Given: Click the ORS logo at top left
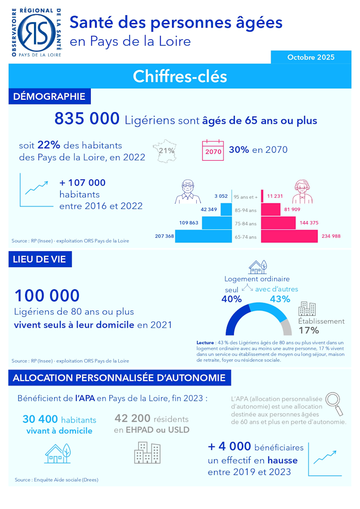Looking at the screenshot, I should (x=36, y=33).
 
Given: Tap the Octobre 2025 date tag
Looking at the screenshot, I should (x=311, y=57).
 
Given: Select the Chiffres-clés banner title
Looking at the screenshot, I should (x=180, y=77).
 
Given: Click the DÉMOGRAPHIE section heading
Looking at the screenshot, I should (x=49, y=97).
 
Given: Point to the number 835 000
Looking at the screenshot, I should (x=87, y=120).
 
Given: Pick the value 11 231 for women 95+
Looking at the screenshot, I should (x=274, y=196).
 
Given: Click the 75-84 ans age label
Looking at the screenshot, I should (x=245, y=223).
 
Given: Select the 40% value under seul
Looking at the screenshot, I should (x=231, y=299).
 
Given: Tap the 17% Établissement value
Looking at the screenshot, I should (x=309, y=330).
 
